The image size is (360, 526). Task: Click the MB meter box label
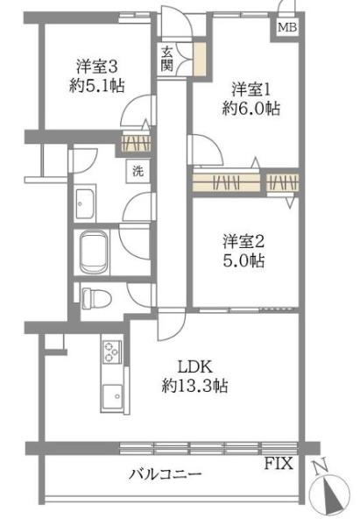coord(287,27)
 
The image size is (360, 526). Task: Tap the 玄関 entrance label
coord(166,60)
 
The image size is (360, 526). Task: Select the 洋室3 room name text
coord(97,67)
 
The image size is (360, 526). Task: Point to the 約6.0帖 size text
coord(251,109)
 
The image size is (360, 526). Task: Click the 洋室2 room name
coord(244,242)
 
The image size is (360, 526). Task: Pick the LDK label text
coord(194,366)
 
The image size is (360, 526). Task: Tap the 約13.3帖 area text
coord(194,386)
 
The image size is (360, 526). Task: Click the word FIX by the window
coord(279,464)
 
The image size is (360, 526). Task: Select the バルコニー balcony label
coord(166,474)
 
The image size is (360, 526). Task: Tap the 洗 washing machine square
coord(138,172)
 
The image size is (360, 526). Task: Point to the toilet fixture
coord(96,298)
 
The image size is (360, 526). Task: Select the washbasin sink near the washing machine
coord(85,203)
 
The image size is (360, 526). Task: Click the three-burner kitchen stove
coord(112,352)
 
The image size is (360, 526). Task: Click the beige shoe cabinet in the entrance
coord(200,60)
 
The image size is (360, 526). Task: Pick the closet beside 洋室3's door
coord(136,143)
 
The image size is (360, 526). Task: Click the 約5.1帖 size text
coord(97,86)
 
